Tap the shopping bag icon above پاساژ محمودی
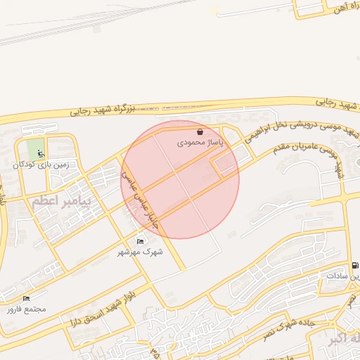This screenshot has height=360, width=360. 200,131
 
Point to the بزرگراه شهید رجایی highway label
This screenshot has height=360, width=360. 103,110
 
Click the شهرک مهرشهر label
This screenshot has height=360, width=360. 139,252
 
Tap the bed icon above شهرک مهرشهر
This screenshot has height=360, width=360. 140,242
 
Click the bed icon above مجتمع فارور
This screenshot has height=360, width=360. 27,299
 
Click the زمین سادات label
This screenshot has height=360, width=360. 343,276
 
